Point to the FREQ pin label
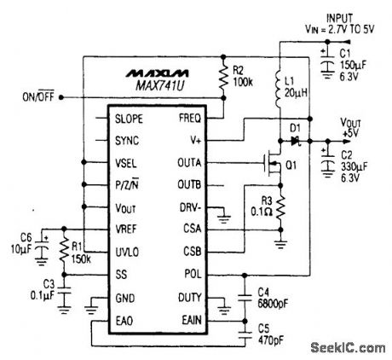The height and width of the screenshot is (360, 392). [190, 118]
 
